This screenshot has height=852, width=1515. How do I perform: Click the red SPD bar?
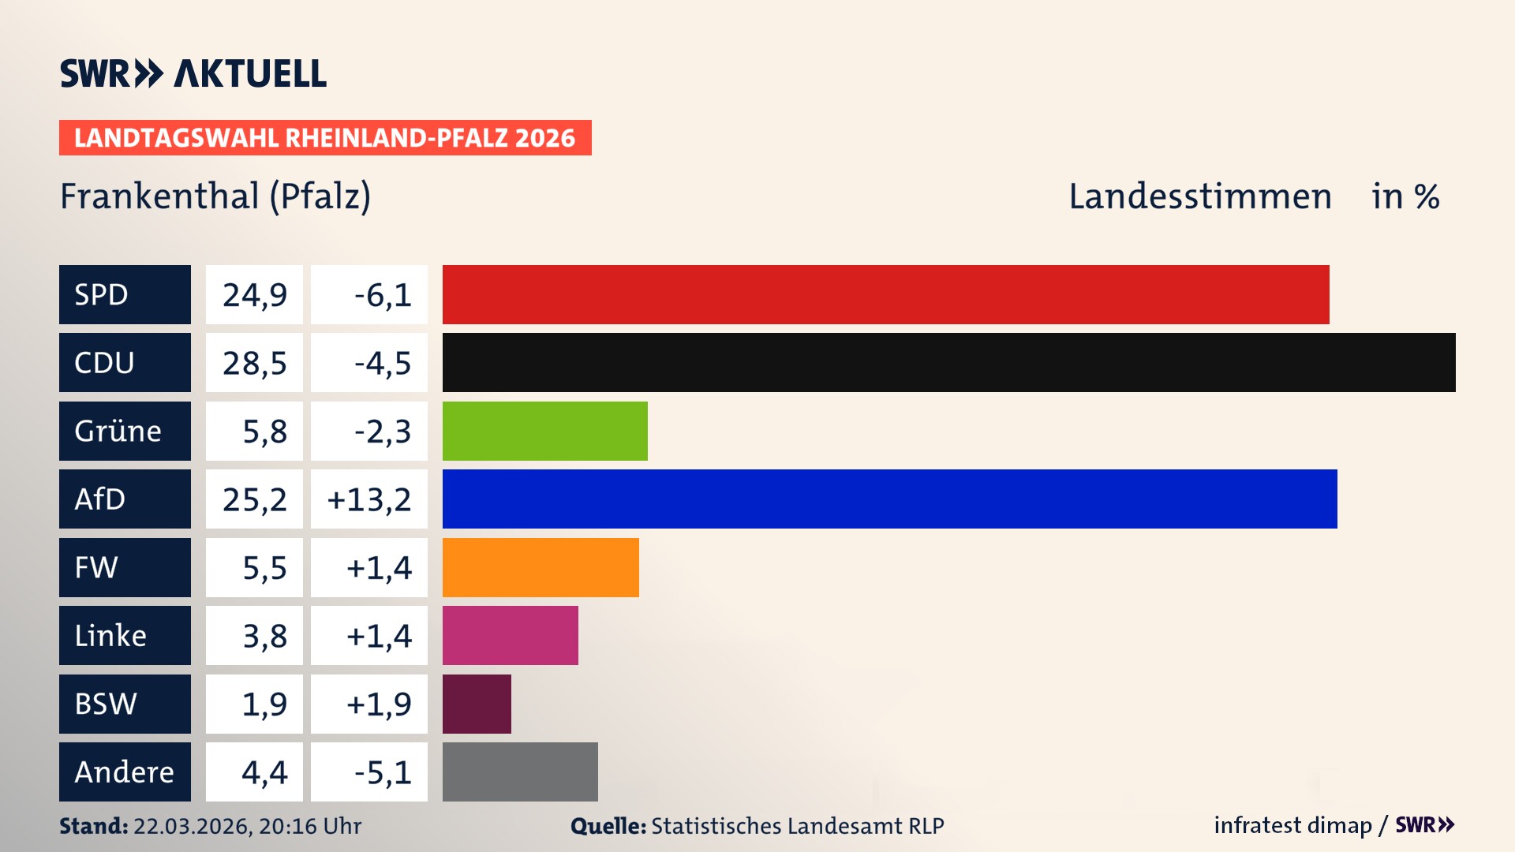885,294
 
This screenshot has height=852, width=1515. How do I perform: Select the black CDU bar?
948,362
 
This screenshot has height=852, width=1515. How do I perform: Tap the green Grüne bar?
544,431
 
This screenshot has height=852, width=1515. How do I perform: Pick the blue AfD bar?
889,499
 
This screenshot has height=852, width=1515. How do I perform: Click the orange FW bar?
541,567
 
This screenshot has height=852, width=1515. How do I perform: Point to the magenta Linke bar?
510,635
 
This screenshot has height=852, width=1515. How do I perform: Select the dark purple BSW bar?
477,704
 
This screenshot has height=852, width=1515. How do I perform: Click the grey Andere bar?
520,772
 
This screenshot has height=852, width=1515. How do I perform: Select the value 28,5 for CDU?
254,363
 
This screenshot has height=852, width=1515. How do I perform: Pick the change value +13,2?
369,499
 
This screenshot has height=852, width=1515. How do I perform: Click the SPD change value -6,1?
382,295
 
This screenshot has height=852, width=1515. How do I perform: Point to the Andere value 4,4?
264,772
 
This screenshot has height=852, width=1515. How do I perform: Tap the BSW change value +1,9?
379,704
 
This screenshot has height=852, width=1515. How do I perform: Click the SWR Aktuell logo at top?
193,73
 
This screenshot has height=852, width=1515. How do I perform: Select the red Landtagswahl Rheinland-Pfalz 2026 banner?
325,138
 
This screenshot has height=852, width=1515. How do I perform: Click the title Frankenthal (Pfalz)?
215,196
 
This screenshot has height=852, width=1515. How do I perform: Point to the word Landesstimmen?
1199,196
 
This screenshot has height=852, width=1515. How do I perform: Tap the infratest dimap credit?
1292,825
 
